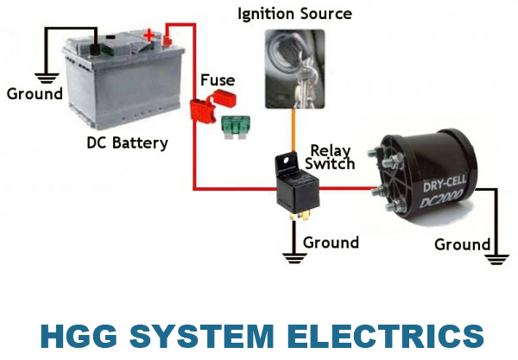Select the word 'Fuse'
218,81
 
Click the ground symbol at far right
494,254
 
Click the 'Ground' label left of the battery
35,93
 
